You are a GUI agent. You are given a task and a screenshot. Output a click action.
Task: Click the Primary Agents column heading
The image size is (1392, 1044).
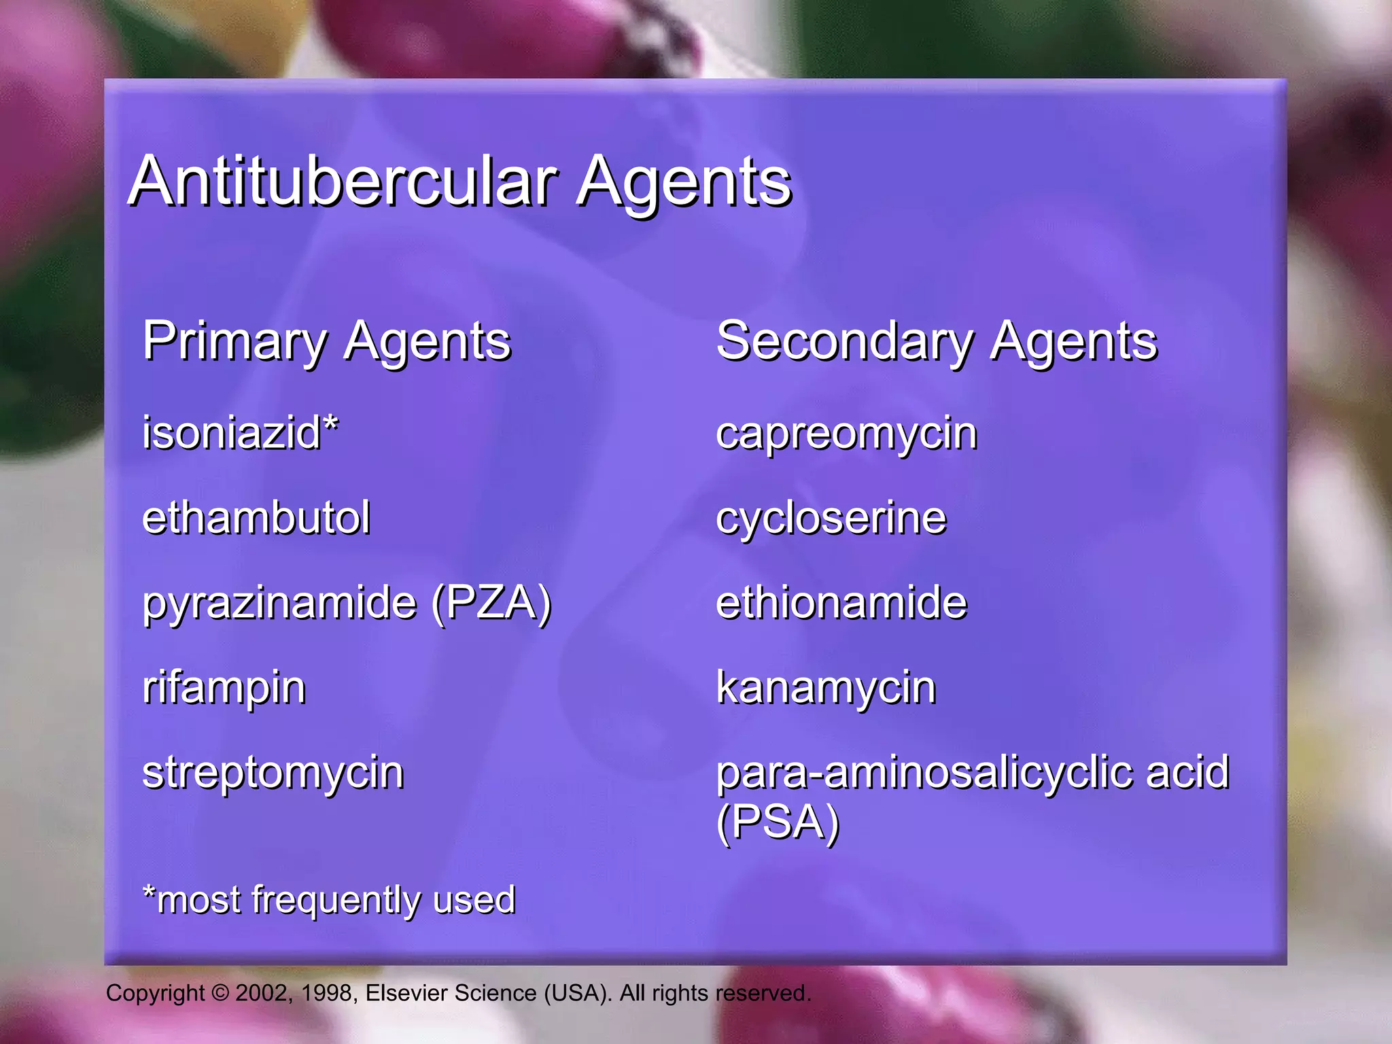(x=326, y=341)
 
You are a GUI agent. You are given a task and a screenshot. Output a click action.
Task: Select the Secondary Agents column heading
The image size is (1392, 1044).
(x=936, y=341)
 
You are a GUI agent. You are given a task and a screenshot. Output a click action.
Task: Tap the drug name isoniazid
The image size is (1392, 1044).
(x=231, y=433)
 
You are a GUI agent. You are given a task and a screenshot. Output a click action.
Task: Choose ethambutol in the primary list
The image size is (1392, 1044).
(x=256, y=518)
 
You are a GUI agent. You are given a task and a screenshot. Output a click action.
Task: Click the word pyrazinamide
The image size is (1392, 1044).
(x=279, y=604)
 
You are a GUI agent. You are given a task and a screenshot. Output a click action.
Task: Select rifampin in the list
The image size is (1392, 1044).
(x=224, y=688)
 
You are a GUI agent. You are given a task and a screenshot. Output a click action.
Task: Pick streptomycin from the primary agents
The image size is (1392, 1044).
(x=273, y=773)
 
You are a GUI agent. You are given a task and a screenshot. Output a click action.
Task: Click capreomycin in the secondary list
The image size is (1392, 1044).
(x=846, y=434)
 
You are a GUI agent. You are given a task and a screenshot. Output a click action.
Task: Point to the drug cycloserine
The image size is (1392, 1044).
(x=831, y=519)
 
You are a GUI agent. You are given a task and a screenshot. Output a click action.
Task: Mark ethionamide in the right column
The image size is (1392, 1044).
(x=841, y=603)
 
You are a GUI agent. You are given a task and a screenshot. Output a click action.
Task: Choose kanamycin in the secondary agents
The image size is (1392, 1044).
(x=826, y=688)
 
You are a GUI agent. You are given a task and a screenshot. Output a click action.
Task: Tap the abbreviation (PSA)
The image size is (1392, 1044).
(x=778, y=822)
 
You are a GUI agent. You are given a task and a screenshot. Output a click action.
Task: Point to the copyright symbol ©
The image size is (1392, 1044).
(x=220, y=993)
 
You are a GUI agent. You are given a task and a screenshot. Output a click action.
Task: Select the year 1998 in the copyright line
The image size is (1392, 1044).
(x=326, y=993)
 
